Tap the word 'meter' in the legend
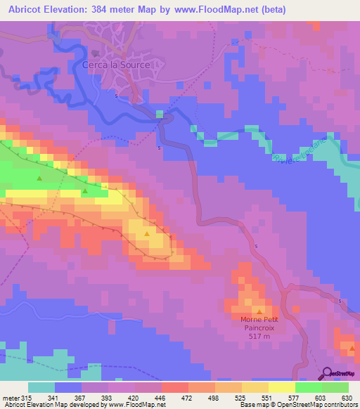point(11,397)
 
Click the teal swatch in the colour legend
point(41,387)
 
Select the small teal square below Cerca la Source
point(161,113)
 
